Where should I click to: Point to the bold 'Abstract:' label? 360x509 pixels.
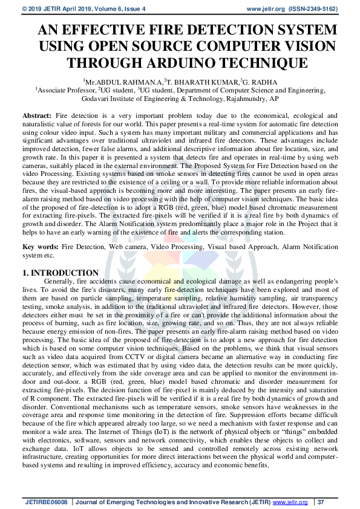(37, 114)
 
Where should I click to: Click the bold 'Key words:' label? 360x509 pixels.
(41, 247)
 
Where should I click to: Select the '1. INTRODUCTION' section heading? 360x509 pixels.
(61, 273)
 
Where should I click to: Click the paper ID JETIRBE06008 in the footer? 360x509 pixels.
(47, 502)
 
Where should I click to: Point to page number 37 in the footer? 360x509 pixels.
(321, 502)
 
